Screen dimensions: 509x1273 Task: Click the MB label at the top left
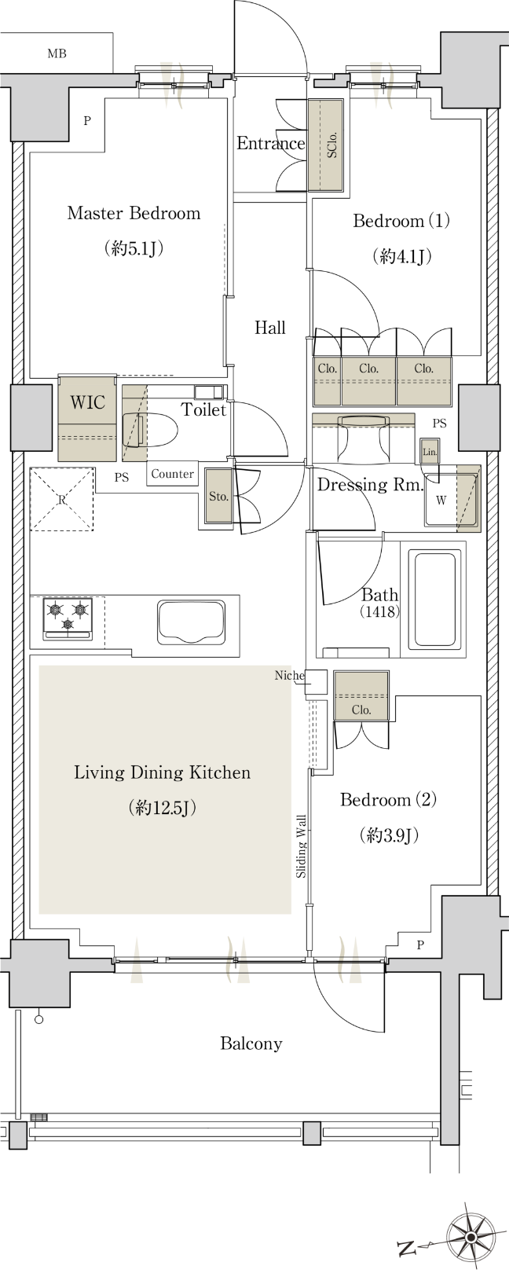pyautogui.click(x=57, y=53)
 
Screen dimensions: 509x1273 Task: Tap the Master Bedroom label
pyautogui.click(x=134, y=213)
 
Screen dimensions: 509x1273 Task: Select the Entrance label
pyautogui.click(x=270, y=143)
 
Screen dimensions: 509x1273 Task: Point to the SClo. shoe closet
pyautogui.click(x=327, y=145)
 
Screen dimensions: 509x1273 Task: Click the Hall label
pyautogui.click(x=270, y=328)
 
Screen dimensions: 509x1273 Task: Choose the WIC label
pyautogui.click(x=87, y=402)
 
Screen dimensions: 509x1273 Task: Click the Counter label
pyautogui.click(x=172, y=473)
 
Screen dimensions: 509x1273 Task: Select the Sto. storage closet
pyautogui.click(x=218, y=496)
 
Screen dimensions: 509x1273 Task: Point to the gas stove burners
pyautogui.click(x=68, y=616)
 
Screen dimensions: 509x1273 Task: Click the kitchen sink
pyautogui.click(x=192, y=622)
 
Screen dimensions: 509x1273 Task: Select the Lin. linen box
pyautogui.click(x=430, y=453)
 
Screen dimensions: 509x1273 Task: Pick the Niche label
pyautogui.click(x=290, y=675)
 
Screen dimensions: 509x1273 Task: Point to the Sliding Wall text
pyautogui.click(x=301, y=846)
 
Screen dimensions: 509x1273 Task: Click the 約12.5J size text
pyautogui.click(x=163, y=808)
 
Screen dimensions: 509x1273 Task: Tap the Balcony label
pyautogui.click(x=251, y=1044)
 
